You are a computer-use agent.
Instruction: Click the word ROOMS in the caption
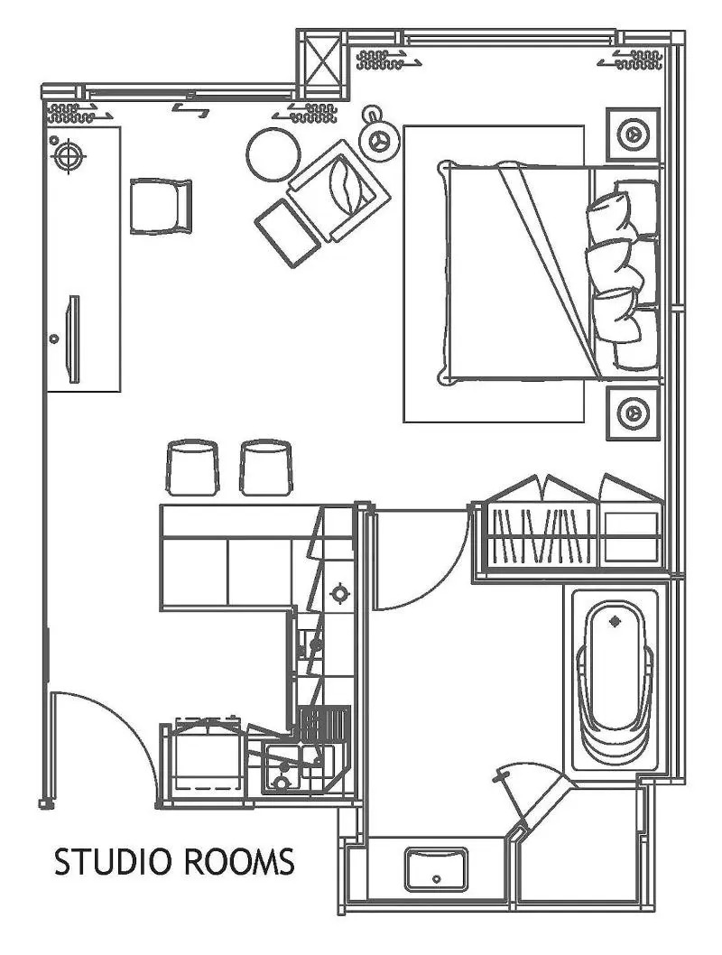click(237, 862)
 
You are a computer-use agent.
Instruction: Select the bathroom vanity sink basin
click(437, 869)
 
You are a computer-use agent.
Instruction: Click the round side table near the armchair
click(273, 154)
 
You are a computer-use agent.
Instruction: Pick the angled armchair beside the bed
click(339, 190)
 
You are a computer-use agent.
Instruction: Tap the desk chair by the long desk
click(161, 207)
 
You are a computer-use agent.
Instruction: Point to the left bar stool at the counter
click(191, 468)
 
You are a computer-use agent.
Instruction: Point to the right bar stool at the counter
click(265, 468)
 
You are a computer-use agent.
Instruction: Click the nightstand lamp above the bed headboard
click(634, 134)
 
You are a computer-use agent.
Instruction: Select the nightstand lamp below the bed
click(634, 413)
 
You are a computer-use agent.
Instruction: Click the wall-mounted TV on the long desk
click(73, 339)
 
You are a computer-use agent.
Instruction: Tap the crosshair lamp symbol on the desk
click(69, 156)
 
